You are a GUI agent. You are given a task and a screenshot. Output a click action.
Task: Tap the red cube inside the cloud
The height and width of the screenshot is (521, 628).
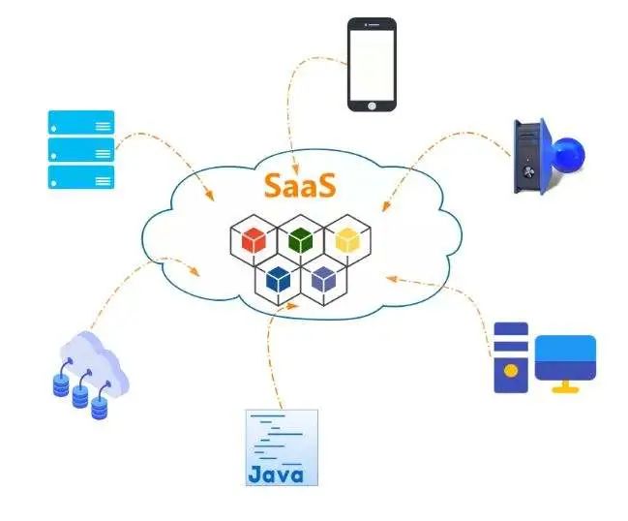tap(254, 239)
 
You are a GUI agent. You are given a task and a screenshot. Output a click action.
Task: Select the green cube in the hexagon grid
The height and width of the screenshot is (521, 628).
tap(301, 238)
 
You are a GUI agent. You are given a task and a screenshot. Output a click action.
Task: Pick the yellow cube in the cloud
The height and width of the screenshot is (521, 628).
tap(345, 239)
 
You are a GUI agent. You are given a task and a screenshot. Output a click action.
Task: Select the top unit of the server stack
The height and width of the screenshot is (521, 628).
tap(81, 122)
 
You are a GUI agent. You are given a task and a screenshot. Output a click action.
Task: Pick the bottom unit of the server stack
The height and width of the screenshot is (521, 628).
tap(81, 177)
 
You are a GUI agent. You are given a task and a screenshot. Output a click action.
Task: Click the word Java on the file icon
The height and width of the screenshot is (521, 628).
tap(277, 475)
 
